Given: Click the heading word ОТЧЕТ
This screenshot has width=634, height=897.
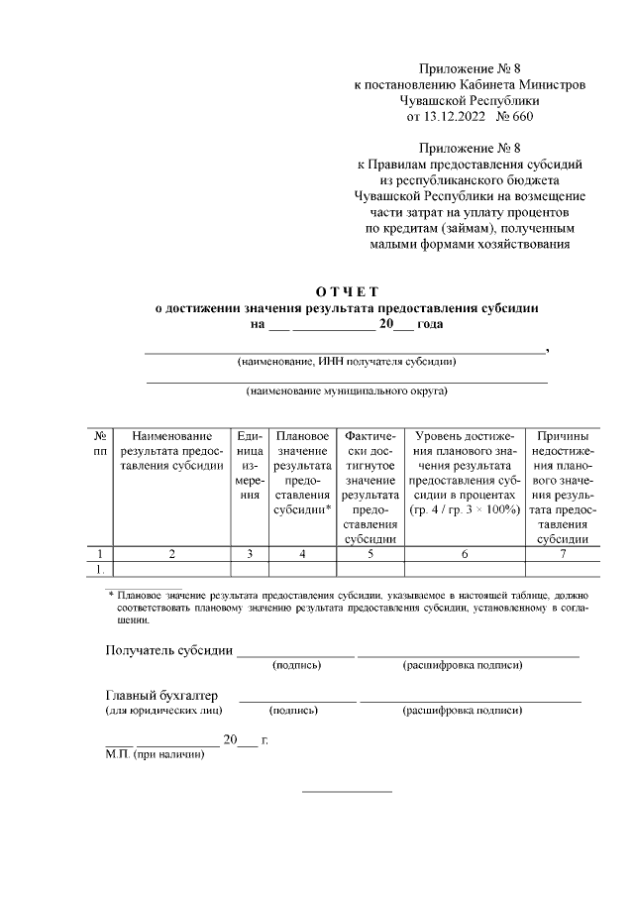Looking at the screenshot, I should click(x=347, y=291).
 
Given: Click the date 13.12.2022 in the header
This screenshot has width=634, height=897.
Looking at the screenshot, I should click(x=451, y=117).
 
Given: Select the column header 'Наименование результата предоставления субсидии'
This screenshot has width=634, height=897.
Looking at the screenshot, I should click(x=171, y=452).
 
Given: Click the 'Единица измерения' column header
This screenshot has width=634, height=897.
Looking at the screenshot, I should click(x=250, y=466).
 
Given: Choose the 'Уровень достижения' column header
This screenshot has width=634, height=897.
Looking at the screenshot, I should click(x=464, y=473).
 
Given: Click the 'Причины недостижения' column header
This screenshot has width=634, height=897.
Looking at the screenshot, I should click(x=562, y=487).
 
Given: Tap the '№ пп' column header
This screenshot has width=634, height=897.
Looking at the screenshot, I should click(x=100, y=444).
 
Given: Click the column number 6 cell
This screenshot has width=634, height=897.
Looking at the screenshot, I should click(x=464, y=553).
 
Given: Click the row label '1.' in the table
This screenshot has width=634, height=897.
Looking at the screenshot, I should click(x=100, y=569).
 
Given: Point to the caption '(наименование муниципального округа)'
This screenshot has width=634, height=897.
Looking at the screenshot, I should click(x=347, y=391).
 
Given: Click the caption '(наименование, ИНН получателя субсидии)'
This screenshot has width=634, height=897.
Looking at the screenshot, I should click(x=347, y=362).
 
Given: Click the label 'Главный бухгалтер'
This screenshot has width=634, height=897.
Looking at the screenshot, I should click(x=161, y=696).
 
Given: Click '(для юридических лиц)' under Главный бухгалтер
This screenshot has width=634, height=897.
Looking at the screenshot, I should click(x=163, y=710).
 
